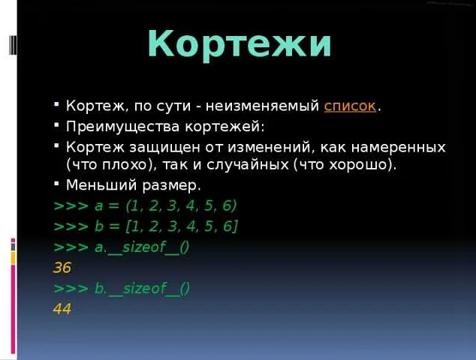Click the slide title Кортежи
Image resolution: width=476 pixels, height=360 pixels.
click(x=240, y=44)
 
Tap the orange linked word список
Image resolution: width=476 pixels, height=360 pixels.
click(x=350, y=106)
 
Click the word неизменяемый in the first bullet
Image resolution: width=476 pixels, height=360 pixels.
click(x=262, y=106)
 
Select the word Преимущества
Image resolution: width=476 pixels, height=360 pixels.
click(x=122, y=127)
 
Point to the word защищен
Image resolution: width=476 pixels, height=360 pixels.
click(x=165, y=148)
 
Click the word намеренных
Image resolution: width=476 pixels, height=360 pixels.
click(x=399, y=148)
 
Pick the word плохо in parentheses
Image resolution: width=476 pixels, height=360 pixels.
click(x=125, y=165)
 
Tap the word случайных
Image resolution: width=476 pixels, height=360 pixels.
click(x=248, y=165)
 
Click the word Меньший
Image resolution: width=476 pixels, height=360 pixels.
click(x=101, y=185)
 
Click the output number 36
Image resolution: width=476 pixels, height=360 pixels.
click(x=62, y=268)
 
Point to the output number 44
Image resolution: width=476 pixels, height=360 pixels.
click(x=62, y=309)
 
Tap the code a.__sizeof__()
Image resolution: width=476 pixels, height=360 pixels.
click(x=142, y=247)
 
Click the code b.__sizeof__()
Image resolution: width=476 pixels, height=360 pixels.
click(x=142, y=289)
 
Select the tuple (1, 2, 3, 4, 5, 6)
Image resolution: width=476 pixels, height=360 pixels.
click(x=181, y=206)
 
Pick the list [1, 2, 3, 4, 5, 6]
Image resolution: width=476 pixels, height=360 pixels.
click(x=182, y=226)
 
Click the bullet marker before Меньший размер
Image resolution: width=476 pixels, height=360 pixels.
click(x=56, y=184)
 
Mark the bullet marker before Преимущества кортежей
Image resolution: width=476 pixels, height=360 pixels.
click(x=56, y=124)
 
